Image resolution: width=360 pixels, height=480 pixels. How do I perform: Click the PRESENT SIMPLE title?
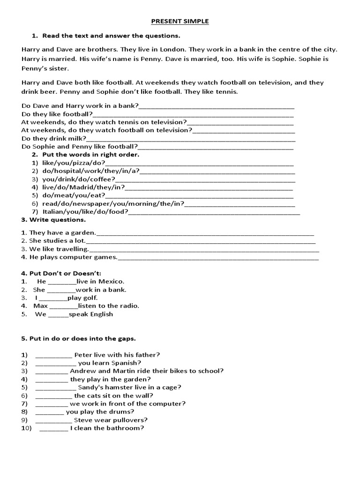(x=180, y=21)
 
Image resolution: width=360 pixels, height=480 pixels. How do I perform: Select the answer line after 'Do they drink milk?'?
(x=191, y=139)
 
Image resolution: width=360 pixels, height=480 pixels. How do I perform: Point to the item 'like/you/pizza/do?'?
(x=70, y=163)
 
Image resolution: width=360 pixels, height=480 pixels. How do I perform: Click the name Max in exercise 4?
(x=39, y=306)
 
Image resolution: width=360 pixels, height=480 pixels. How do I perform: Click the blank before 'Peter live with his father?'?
(x=53, y=355)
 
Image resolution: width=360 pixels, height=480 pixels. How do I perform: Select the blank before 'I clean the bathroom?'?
(x=54, y=428)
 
